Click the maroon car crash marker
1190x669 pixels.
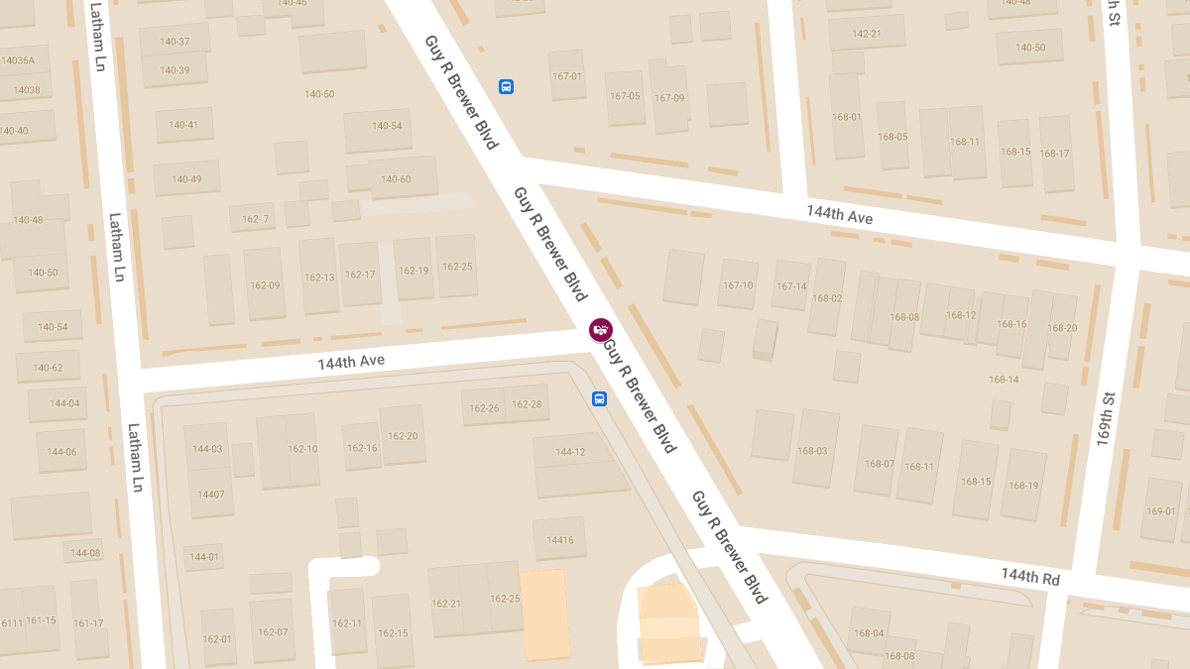point(600,329)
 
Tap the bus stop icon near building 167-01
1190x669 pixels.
point(506,86)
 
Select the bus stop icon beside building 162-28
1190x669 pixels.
point(599,398)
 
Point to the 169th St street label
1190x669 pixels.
point(1106,419)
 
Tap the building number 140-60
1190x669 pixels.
point(396,179)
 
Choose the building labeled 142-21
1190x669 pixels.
point(867,34)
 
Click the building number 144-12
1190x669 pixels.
point(570,452)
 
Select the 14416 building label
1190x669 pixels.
point(559,540)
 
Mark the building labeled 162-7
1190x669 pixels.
point(256,219)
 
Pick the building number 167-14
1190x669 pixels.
point(791,286)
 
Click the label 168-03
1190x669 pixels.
point(811,451)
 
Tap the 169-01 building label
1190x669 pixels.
point(1160,511)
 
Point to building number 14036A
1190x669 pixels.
point(18,60)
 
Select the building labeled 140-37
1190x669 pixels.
point(174,42)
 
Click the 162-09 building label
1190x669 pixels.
point(265,285)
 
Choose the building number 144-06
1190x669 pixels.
point(61,452)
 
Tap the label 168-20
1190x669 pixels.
point(1062,328)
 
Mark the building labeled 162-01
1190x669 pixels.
point(216,639)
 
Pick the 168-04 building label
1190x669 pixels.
point(868,633)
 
